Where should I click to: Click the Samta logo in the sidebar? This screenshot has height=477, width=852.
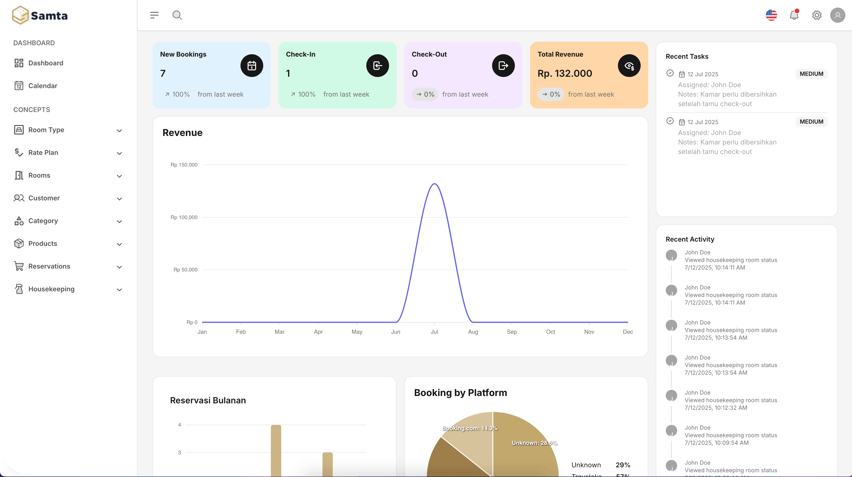(40, 15)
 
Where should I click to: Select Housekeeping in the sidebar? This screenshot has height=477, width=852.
(51, 289)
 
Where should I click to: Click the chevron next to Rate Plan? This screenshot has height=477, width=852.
(119, 153)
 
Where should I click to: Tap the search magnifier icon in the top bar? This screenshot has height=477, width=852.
(177, 15)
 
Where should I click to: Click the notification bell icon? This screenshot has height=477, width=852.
(794, 15)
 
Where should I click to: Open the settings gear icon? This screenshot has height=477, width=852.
(817, 15)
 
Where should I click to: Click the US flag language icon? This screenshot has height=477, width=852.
(771, 15)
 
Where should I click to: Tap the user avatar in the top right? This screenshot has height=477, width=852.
(838, 15)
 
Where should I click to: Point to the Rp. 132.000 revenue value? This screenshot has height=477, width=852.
(565, 73)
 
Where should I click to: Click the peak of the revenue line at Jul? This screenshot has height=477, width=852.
(434, 184)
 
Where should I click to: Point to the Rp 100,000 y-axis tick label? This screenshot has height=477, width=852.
(184, 217)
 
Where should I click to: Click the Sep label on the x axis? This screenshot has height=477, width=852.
(512, 332)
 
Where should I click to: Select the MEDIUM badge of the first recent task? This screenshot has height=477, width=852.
(811, 74)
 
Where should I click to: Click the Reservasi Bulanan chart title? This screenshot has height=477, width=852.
(208, 400)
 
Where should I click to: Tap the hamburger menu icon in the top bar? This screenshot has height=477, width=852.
(154, 15)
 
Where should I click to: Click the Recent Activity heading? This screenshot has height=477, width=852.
(690, 239)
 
